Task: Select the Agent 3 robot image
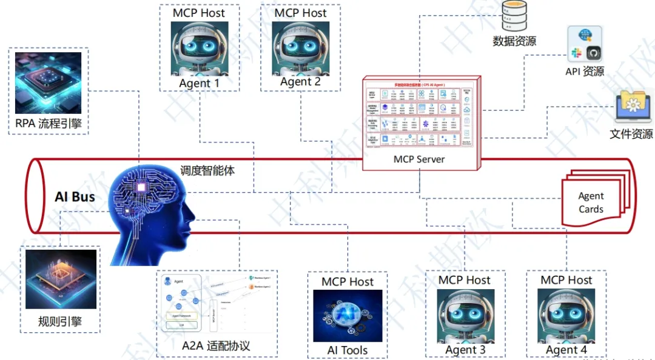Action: click(x=465, y=316)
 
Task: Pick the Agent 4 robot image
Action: click(x=566, y=316)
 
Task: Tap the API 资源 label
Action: click(x=585, y=72)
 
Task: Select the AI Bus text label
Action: click(x=75, y=196)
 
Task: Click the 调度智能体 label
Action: click(x=207, y=171)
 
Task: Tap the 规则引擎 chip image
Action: click(x=61, y=279)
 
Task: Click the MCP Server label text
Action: click(x=419, y=159)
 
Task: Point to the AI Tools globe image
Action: click(x=348, y=316)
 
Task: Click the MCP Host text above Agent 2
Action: click(x=301, y=13)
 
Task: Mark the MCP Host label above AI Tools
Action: click(x=348, y=282)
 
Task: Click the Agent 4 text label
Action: click(x=566, y=350)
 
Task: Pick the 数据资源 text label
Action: click(x=514, y=41)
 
